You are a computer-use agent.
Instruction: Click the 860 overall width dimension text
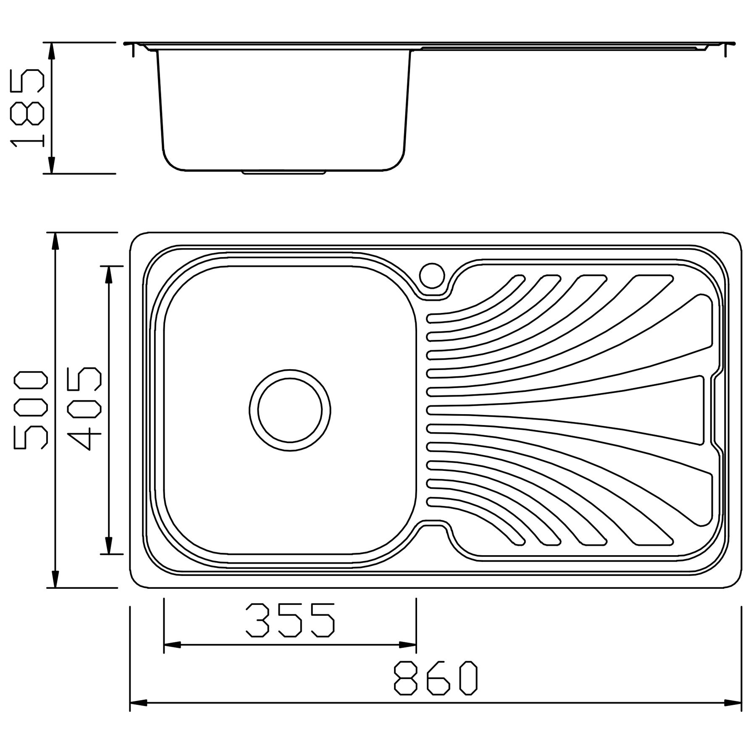pos(436,679)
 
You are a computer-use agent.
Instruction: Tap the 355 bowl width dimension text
pos(290,620)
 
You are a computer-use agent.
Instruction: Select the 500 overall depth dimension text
pos(31,409)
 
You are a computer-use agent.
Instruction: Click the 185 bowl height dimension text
pos(27,108)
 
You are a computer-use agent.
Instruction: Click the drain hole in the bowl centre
pos(290,410)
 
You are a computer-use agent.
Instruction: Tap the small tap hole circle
pos(431,275)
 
